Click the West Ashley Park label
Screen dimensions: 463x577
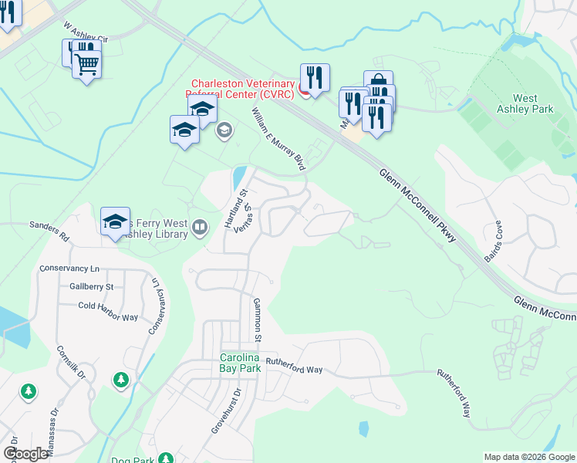click(x=534, y=103)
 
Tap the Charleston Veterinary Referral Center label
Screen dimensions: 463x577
click(x=239, y=89)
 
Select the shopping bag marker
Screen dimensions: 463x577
click(x=378, y=82)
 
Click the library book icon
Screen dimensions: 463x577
click(x=200, y=227)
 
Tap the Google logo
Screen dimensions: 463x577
click(x=26, y=454)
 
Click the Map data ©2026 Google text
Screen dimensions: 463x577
click(x=528, y=457)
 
